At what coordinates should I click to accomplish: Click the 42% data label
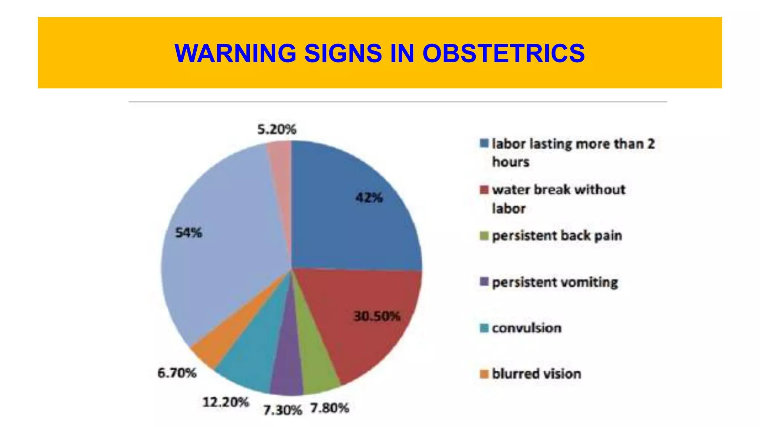[x=369, y=198]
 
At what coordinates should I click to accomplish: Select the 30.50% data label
[x=377, y=316]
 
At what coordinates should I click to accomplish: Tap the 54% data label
[x=189, y=233]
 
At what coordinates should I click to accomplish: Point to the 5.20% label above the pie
[x=277, y=129]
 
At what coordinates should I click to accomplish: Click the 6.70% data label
[x=177, y=373]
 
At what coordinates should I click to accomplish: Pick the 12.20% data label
[x=226, y=402]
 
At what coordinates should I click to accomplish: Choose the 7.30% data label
[x=283, y=410]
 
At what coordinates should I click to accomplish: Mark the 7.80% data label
[x=330, y=408]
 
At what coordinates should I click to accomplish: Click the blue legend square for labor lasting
[x=484, y=143]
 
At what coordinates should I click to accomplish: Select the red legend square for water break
[x=484, y=190]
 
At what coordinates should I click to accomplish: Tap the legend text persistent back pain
[x=557, y=236]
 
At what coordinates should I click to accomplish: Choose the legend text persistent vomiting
[x=555, y=282]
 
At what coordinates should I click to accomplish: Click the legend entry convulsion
[x=527, y=328]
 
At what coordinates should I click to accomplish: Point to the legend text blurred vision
[x=537, y=374]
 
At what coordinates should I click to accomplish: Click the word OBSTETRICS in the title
[x=504, y=53]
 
